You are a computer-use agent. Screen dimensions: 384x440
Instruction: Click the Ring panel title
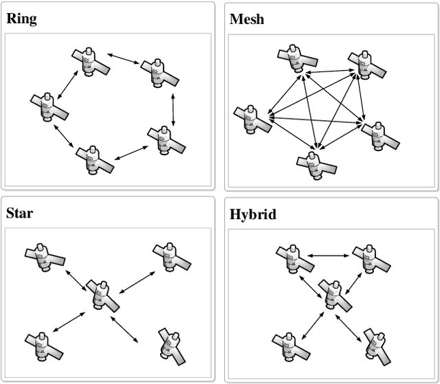pyautogui.click(x=21, y=19)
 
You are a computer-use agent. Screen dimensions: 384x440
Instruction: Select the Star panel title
pyautogui.click(x=19, y=213)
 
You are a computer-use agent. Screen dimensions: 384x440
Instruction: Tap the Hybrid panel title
pyautogui.click(x=253, y=214)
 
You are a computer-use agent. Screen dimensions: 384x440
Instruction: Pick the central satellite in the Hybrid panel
pyautogui.click(x=334, y=294)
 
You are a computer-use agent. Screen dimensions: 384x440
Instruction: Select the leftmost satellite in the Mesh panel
pyautogui.click(x=252, y=121)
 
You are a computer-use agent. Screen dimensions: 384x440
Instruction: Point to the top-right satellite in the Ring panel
pyautogui.click(x=159, y=70)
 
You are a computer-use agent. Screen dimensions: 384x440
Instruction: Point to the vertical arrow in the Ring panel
pyautogui.click(x=173, y=109)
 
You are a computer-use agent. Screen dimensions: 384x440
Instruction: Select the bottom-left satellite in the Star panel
pyautogui.click(x=43, y=346)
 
